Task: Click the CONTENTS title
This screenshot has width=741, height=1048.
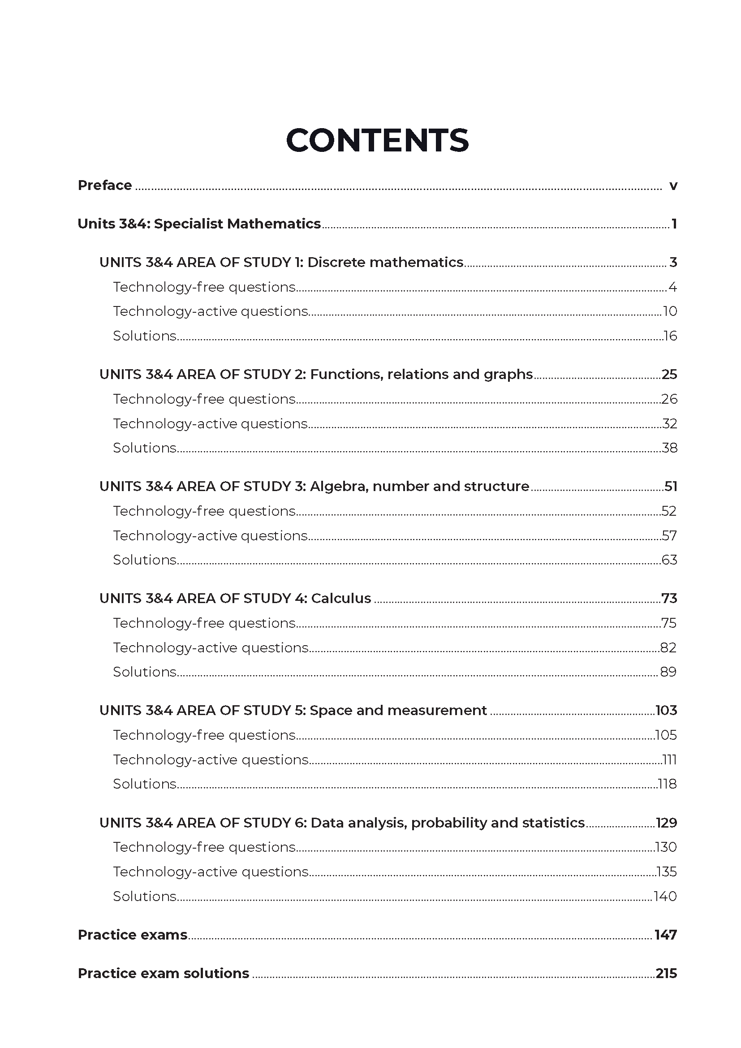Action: point(377,140)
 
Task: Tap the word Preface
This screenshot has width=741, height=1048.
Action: point(104,185)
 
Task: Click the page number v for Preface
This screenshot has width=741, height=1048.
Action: point(673,186)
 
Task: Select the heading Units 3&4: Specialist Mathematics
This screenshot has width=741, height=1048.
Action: point(199,224)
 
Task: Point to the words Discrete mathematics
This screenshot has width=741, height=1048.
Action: point(385,262)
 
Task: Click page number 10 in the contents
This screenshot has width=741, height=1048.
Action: point(670,311)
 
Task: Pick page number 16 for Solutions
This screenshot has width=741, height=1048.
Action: point(670,336)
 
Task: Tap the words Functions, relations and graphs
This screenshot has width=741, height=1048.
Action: point(421,374)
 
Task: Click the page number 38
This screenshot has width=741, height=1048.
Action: point(669,448)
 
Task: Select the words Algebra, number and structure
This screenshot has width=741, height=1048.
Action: point(419,486)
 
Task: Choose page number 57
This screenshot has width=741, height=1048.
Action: point(669,535)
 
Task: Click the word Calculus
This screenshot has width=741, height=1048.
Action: point(341,599)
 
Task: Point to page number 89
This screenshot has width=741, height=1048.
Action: point(668,672)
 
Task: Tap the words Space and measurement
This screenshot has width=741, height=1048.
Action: point(398,710)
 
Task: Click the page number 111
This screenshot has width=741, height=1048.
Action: point(669,759)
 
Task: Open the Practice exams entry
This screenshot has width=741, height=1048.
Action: point(132,935)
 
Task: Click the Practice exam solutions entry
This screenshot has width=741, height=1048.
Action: point(164,973)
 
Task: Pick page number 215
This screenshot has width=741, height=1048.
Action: point(666,973)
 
